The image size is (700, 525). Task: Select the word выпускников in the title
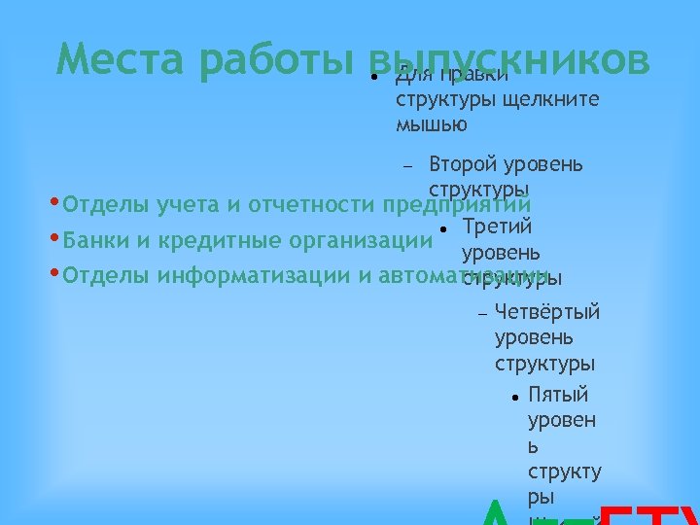click(x=510, y=60)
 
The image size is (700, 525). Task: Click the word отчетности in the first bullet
click(x=311, y=206)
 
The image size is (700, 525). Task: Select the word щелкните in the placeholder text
click(x=547, y=99)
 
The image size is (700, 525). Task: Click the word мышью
click(x=432, y=124)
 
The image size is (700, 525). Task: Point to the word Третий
click(x=497, y=227)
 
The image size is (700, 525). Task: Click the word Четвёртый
click(x=547, y=312)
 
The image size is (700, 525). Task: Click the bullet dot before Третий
click(x=442, y=228)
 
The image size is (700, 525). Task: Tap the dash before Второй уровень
click(x=408, y=165)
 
